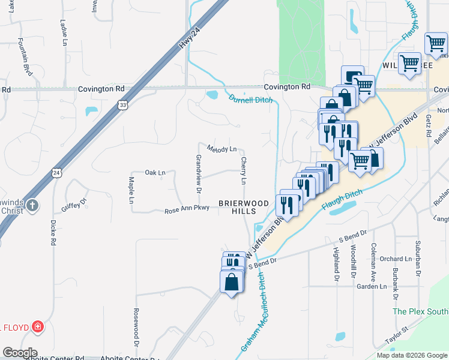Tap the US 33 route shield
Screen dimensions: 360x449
point(123,104)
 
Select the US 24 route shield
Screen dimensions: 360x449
point(56,173)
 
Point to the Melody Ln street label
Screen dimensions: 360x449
point(222,148)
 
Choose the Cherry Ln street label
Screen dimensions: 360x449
point(244,170)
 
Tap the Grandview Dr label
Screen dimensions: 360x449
point(199,174)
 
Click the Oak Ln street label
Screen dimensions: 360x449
point(155,173)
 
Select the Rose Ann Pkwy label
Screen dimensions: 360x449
point(187,210)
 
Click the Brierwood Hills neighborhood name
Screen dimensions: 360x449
point(244,207)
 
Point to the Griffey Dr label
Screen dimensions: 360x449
point(74,206)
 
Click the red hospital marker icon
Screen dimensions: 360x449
point(38,327)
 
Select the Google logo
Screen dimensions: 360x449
point(20,353)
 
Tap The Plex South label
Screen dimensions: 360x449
point(420,311)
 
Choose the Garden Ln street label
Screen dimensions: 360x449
point(372,287)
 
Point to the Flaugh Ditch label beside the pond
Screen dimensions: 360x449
point(342,200)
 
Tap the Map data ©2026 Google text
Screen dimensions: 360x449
point(411,355)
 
